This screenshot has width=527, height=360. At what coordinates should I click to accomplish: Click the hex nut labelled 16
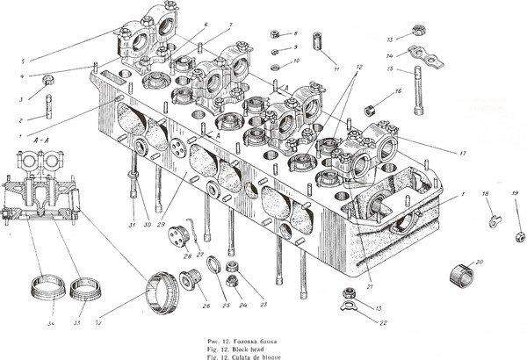point(371,110)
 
